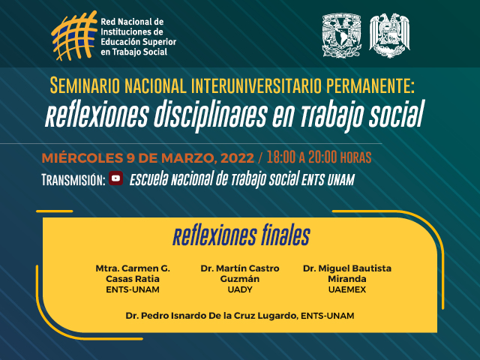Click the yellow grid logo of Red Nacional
click(x=74, y=35)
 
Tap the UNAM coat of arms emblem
click(x=342, y=35)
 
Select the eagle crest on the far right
click(x=389, y=35)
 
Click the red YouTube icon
click(x=116, y=178)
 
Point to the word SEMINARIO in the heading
click(x=85, y=85)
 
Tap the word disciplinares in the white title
click(x=210, y=115)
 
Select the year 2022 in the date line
click(x=238, y=158)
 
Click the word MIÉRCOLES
click(x=82, y=158)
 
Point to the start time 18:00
click(x=281, y=157)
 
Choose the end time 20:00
click(x=322, y=157)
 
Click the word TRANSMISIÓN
click(x=73, y=180)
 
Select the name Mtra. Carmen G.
click(x=133, y=268)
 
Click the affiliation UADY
click(x=240, y=289)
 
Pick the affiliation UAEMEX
click(x=347, y=289)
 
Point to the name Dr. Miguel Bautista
click(x=347, y=268)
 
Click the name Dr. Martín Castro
click(x=240, y=268)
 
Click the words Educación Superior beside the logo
click(x=138, y=42)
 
